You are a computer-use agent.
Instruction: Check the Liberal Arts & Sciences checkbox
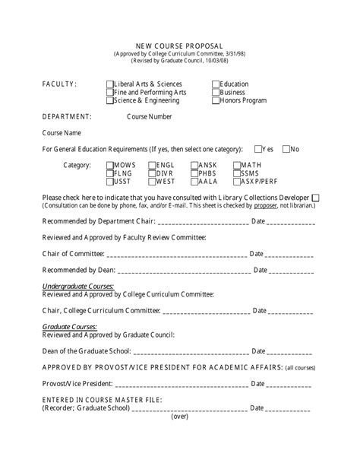point(111,84)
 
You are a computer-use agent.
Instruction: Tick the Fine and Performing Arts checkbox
point(111,92)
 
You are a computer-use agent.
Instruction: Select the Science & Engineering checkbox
point(111,100)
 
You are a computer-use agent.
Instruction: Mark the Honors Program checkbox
point(216,100)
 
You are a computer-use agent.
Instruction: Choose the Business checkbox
point(216,92)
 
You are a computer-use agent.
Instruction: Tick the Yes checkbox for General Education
point(259,149)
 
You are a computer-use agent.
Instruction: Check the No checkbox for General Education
point(286,149)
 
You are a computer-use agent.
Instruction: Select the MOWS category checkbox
point(111,165)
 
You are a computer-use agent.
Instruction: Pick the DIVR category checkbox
point(153,173)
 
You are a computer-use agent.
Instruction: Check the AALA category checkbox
point(195,182)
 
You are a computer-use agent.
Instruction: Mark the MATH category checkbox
point(237,165)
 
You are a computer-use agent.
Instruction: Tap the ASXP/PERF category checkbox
point(237,182)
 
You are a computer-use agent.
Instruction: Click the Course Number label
point(149,117)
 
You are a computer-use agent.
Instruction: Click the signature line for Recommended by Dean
point(182,271)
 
